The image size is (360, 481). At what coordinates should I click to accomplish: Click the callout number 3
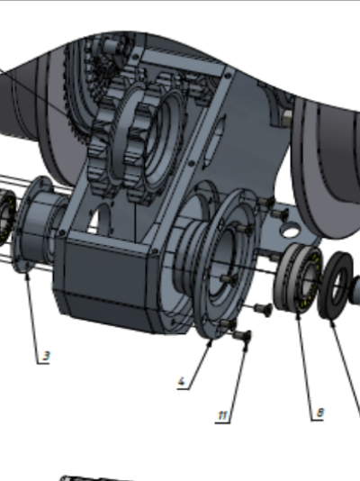[x=46, y=356]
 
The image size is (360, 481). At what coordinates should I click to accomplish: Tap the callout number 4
[x=182, y=382]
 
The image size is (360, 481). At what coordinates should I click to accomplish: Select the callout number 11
[x=222, y=415]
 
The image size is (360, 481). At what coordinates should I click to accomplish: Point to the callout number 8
[x=319, y=413]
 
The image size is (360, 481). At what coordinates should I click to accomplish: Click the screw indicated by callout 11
[x=242, y=335]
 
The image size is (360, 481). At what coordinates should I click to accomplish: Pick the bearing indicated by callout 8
[x=297, y=278]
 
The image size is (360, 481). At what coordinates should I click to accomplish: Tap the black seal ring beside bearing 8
[x=336, y=286]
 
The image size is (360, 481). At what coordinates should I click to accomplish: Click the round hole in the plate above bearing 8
[x=291, y=230]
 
